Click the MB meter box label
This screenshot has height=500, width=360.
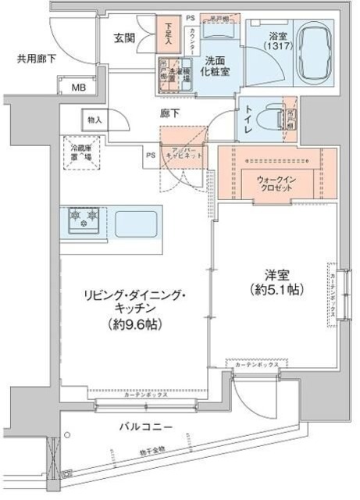coord(80,86)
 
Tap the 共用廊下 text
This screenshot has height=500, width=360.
coord(37,59)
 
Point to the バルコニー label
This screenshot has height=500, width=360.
coord(147,427)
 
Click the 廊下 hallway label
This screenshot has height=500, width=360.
coord(171,113)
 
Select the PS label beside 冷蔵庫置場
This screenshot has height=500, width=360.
coord(148,155)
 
